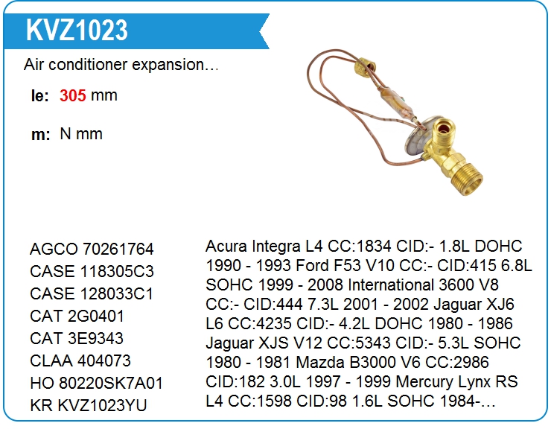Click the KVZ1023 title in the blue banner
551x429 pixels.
[77, 30]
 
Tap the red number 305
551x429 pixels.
[73, 95]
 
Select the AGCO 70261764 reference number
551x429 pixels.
[92, 249]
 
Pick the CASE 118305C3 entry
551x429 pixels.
[92, 271]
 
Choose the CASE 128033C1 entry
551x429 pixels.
[92, 294]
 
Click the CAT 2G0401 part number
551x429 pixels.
[77, 316]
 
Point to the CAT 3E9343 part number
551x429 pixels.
[77, 338]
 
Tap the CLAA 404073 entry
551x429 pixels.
[80, 360]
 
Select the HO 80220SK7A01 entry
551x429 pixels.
[97, 384]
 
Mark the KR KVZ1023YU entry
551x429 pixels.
[88, 405]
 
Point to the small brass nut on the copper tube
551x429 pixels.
[365, 67]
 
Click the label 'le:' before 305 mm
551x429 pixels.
[39, 96]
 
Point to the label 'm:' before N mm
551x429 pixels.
[40, 135]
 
